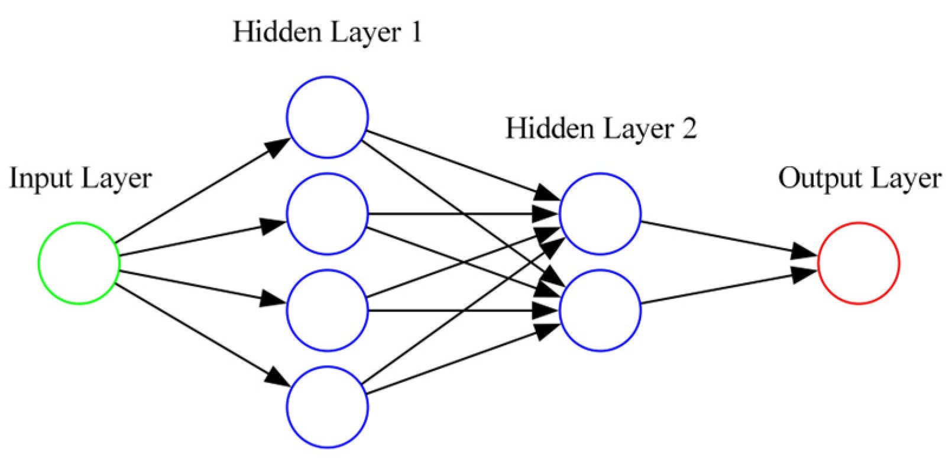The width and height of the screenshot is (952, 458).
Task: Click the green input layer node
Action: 79,263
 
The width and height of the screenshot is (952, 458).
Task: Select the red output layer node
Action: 859,263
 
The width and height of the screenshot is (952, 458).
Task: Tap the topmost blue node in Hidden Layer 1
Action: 327,117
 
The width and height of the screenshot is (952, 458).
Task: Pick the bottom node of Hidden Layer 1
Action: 327,407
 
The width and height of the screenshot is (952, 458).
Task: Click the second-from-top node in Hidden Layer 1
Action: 327,214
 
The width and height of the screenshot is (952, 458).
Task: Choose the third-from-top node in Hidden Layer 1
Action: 327,310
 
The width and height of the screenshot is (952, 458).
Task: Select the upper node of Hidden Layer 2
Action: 600,214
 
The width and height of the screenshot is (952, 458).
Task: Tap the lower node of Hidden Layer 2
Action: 600,310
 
